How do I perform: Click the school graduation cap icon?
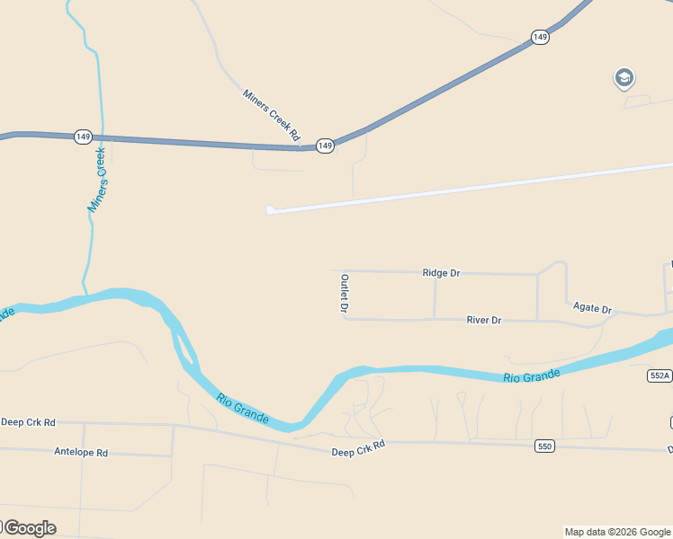pyautogui.click(x=624, y=78)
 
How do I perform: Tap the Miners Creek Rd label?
pyautogui.click(x=271, y=114)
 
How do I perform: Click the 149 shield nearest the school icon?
pyautogui.click(x=540, y=37)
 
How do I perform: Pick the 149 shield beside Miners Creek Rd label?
pyautogui.click(x=326, y=145)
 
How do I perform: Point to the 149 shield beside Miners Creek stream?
pyautogui.click(x=83, y=137)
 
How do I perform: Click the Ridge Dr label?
pyautogui.click(x=441, y=272)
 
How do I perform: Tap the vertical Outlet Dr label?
pyautogui.click(x=344, y=294)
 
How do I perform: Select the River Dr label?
pyautogui.click(x=484, y=320)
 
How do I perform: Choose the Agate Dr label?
pyautogui.click(x=592, y=307)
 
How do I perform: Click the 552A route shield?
pyautogui.click(x=660, y=376)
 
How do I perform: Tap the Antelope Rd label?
pyautogui.click(x=81, y=453)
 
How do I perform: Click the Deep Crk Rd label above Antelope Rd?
pyautogui.click(x=28, y=421)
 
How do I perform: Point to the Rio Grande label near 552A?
pyautogui.click(x=532, y=376)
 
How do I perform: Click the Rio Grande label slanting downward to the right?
pyautogui.click(x=242, y=408)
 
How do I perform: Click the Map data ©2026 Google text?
pyautogui.click(x=617, y=532)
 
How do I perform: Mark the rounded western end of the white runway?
pyautogui.click(x=270, y=210)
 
